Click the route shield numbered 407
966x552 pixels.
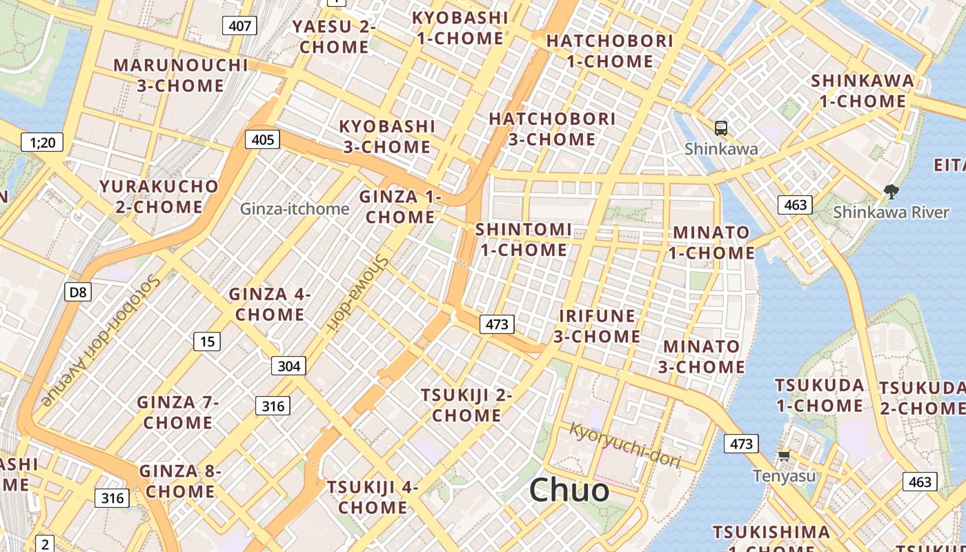coord(239,26)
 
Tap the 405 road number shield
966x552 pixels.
coord(263,140)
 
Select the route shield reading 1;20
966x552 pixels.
coord(42,143)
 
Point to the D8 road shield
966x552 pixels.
coord(78,293)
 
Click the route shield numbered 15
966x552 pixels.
coord(207,340)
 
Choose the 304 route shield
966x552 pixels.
coord(288,366)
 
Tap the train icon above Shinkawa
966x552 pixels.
coord(721,128)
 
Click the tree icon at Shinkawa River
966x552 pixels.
coord(891,191)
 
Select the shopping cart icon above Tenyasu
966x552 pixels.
coord(784,455)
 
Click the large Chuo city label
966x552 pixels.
coord(569,490)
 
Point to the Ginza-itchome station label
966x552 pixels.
coord(295,208)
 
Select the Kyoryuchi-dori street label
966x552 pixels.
coord(624,446)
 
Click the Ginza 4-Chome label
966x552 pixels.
coord(269,304)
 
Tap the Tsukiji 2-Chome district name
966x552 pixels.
coord(466,405)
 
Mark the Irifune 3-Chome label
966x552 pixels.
coord(597,326)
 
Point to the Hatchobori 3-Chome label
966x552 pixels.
coord(552,129)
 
